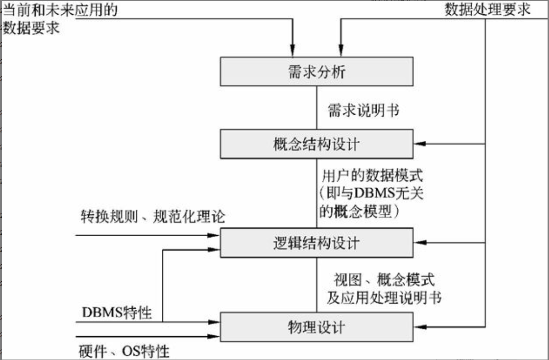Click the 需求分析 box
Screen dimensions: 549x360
pyautogui.click(x=316, y=72)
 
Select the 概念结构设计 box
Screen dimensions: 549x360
pyautogui.click(x=316, y=144)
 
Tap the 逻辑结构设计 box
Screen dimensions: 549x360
pyautogui.click(x=316, y=242)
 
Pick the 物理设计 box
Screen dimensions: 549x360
pyautogui.click(x=316, y=327)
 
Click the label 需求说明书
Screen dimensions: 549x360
pyautogui.click(x=364, y=111)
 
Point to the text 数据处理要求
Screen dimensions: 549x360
pyautogui.click(x=487, y=10)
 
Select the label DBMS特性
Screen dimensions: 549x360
pyautogui.click(x=117, y=313)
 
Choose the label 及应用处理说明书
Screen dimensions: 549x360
pyautogui.click(x=384, y=298)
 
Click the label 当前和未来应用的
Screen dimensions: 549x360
pyautogui.click(x=60, y=10)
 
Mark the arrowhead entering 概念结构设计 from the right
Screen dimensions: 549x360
pyautogui.click(x=418, y=144)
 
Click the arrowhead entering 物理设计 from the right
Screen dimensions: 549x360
pyautogui.click(x=418, y=327)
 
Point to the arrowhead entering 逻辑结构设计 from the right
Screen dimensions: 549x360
pyautogui.click(x=418, y=242)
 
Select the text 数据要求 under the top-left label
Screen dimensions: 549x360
pyautogui.click(x=31, y=28)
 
